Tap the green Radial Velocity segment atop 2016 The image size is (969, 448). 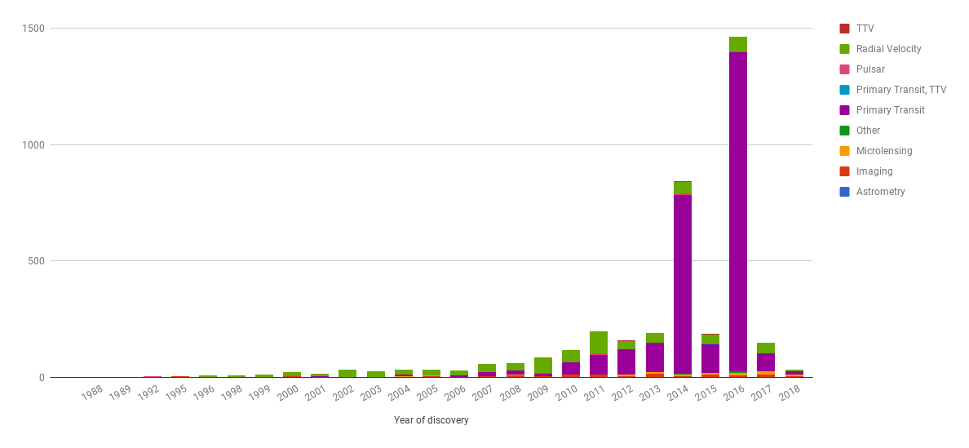[x=737, y=44]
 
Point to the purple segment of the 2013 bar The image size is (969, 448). [x=654, y=357]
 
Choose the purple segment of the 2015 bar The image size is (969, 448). [x=710, y=358]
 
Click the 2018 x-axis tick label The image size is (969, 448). [x=790, y=393]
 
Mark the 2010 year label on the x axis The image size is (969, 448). [x=566, y=393]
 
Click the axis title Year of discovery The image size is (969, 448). [x=431, y=420]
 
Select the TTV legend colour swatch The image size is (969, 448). [x=844, y=29]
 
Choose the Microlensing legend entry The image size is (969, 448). [x=884, y=151]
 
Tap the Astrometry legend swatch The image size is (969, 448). [x=844, y=192]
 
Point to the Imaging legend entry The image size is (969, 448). [x=874, y=171]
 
